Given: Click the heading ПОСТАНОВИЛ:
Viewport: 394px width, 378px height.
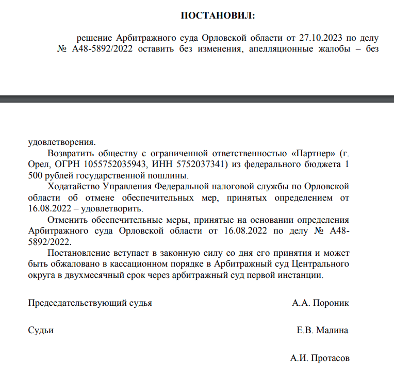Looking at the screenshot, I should (218, 16).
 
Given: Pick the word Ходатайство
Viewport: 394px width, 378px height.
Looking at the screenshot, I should (74, 186).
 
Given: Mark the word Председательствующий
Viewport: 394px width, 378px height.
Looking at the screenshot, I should (90, 303).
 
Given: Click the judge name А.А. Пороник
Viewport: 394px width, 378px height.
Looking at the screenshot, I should (320, 303).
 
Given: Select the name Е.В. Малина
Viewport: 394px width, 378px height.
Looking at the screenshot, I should (322, 331).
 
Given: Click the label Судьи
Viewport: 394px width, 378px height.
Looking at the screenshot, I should (41, 331).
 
